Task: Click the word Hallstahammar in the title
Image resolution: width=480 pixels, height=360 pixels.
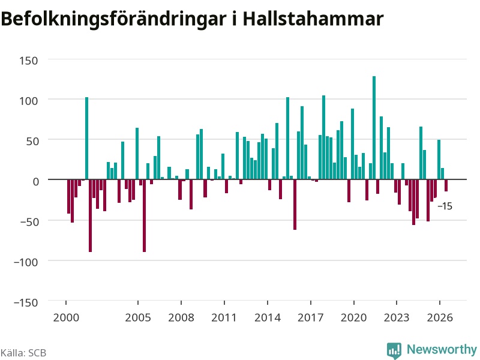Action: [x=313, y=19]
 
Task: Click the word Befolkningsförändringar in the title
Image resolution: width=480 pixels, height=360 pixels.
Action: [x=113, y=20]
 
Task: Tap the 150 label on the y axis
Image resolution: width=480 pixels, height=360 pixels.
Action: [x=28, y=61]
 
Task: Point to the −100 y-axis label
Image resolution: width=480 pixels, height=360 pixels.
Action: [x=26, y=262]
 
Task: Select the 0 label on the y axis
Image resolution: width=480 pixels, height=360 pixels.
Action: [x=36, y=182]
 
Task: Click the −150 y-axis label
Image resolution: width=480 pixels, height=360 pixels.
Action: [x=26, y=303]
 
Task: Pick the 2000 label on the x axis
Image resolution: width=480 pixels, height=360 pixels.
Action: [x=66, y=317]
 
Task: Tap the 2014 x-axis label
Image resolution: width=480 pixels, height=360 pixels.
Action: [x=268, y=317]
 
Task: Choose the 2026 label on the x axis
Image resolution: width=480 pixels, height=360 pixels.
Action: [x=440, y=317]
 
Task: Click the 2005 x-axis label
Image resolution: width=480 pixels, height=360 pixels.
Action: [x=138, y=317]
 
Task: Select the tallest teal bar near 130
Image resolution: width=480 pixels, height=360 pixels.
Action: [x=374, y=128]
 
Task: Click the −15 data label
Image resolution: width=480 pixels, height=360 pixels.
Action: [x=445, y=206]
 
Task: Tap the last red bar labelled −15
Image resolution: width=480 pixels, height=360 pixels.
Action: [x=446, y=185]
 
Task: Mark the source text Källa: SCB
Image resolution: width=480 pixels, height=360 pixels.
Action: [x=23, y=353]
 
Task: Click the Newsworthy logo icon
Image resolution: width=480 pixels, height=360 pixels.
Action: [x=394, y=350]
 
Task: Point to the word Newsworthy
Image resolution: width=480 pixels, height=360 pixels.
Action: [x=442, y=349]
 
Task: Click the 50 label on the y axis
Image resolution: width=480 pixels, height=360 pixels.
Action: [x=32, y=142]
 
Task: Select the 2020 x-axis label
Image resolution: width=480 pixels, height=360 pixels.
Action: [x=353, y=317]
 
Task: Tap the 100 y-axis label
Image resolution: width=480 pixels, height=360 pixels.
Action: [x=28, y=101]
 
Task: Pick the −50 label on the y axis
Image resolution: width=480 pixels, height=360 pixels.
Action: [x=29, y=222]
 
